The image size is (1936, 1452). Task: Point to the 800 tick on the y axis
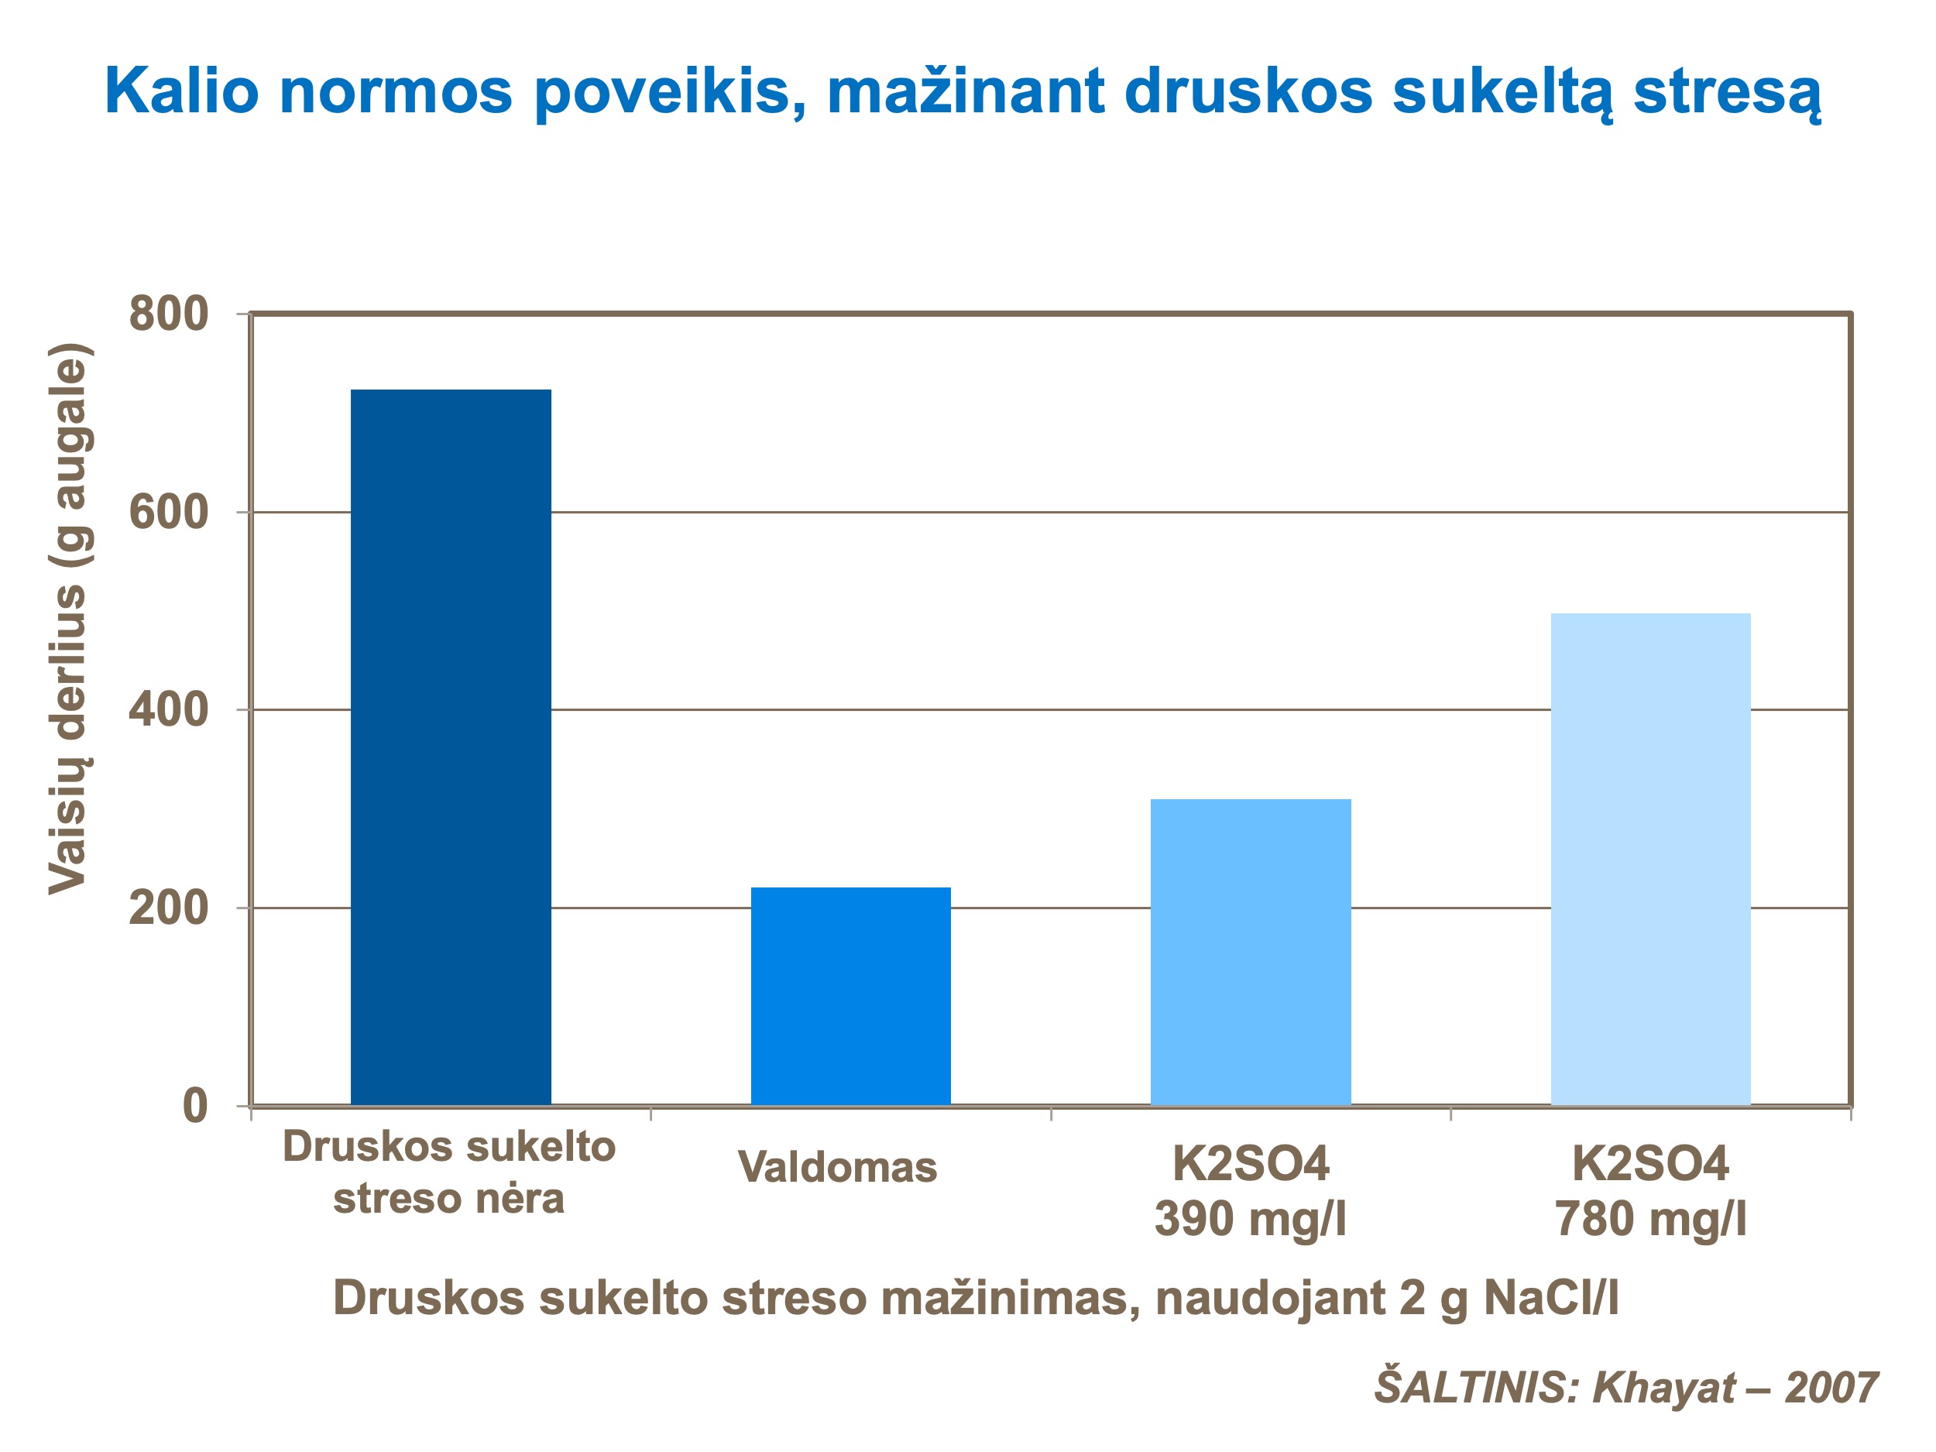pyautogui.click(x=168, y=314)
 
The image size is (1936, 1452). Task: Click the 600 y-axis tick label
pyautogui.click(x=168, y=512)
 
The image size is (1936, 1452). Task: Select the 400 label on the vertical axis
pyautogui.click(x=168, y=710)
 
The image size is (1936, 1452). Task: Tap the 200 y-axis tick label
pyautogui.click(x=168, y=908)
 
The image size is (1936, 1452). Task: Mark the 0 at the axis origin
pyautogui.click(x=194, y=1107)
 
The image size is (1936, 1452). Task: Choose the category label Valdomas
pyautogui.click(x=838, y=1167)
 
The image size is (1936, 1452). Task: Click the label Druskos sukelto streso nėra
pyautogui.click(x=449, y=1172)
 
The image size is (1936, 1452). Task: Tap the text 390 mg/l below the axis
pyautogui.click(x=1250, y=1218)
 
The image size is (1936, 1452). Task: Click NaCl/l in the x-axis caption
pyautogui.click(x=1551, y=1297)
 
